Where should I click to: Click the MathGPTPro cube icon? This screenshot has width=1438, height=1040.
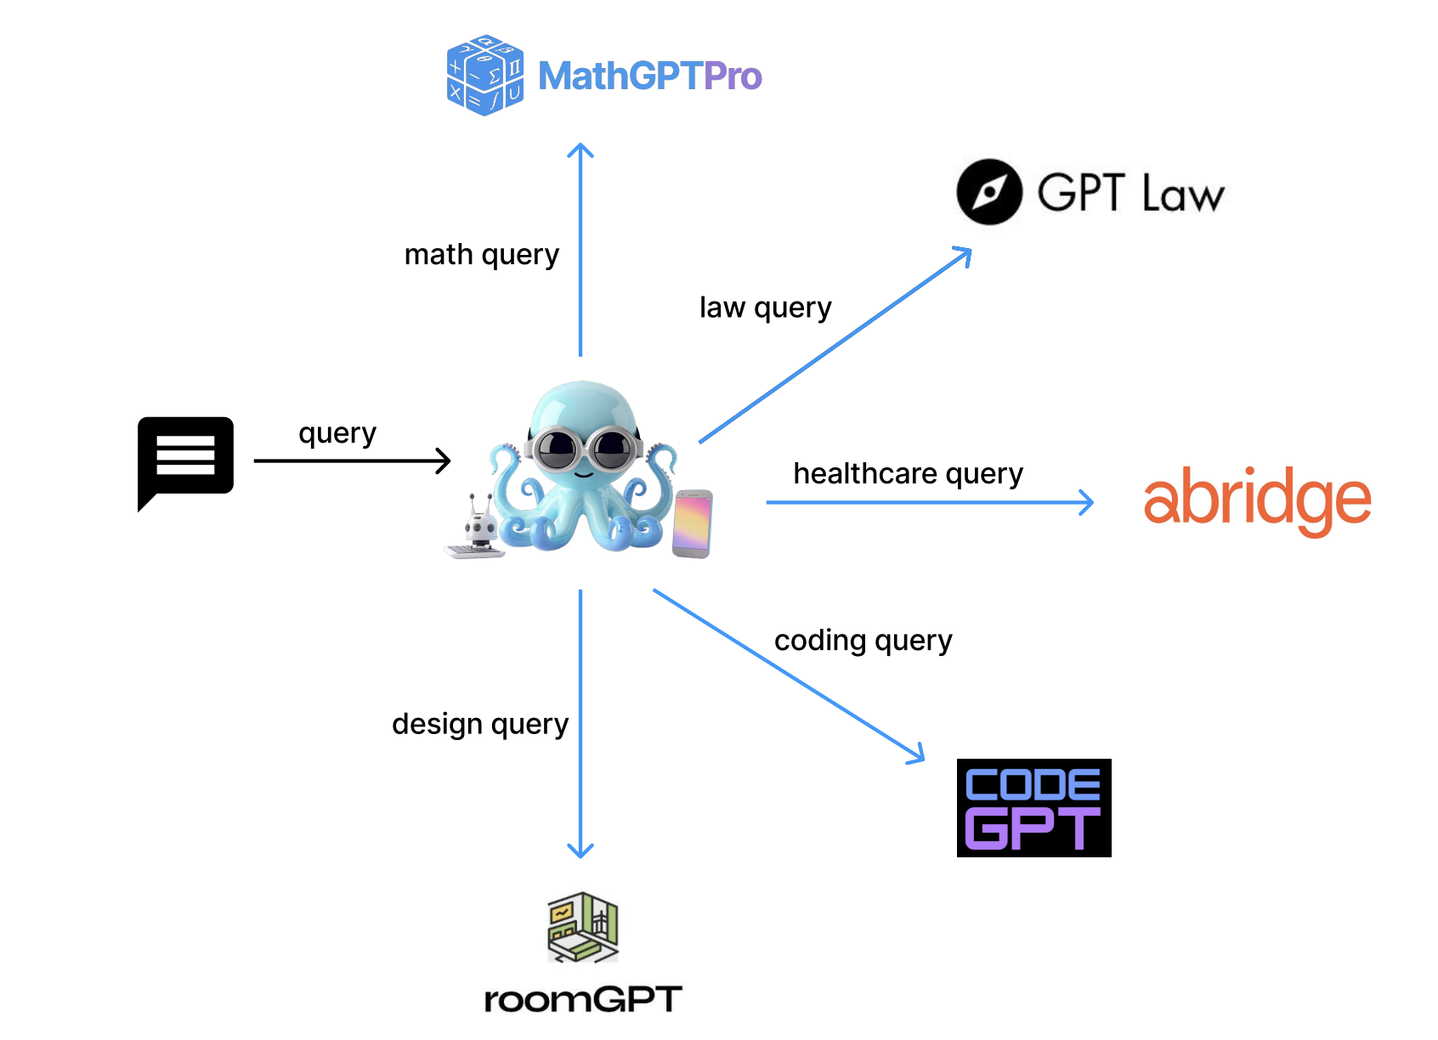tap(484, 75)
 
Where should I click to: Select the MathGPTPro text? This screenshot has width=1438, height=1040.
tap(649, 76)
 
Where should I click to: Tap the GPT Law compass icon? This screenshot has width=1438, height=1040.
tap(988, 192)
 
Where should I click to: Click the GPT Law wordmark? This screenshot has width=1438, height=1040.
tap(1130, 193)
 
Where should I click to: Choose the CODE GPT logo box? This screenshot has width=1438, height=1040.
tap(1033, 807)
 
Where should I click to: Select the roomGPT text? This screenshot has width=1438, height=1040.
tap(583, 999)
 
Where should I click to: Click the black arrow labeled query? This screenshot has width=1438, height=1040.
tap(351, 461)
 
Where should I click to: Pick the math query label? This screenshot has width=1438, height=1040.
tap(481, 255)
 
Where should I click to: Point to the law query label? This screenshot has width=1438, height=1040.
tap(765, 308)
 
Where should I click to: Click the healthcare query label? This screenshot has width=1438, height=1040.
tap(908, 473)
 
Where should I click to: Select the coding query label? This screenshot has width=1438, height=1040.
tap(863, 640)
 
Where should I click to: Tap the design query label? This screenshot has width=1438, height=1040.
tap(480, 724)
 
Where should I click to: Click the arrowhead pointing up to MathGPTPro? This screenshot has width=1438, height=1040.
tap(580, 150)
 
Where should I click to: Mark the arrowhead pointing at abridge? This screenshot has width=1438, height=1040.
tap(1087, 502)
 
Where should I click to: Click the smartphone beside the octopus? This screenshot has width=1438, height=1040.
tap(692, 523)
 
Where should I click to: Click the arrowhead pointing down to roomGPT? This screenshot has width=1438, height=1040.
tap(580, 851)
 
